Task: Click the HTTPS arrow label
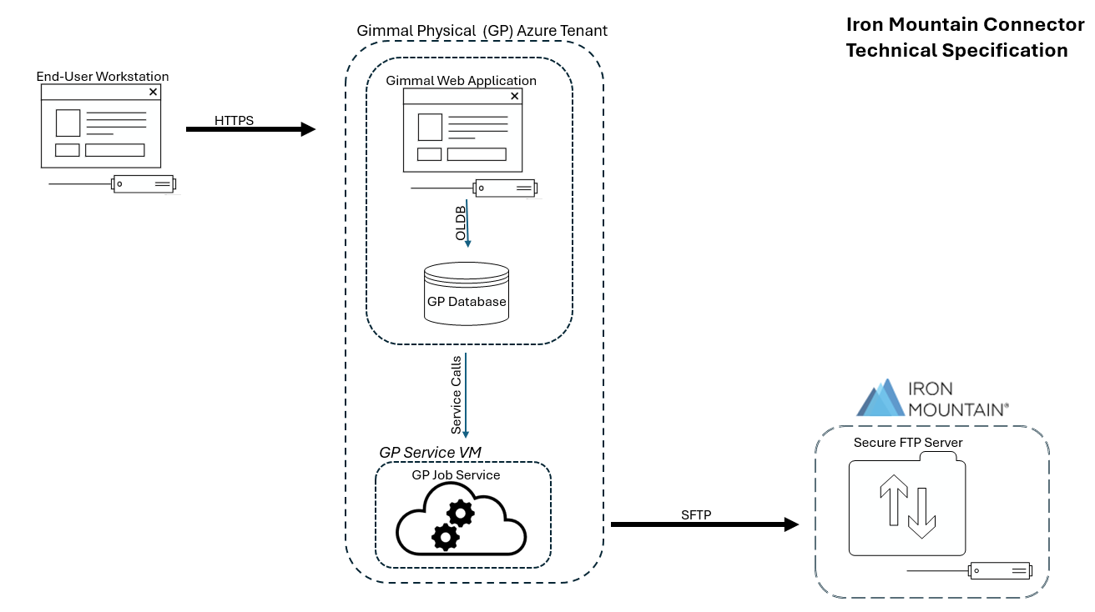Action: click(234, 121)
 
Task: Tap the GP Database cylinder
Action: click(467, 294)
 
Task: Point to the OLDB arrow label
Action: click(461, 223)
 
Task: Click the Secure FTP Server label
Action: click(908, 443)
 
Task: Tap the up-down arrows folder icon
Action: click(908, 506)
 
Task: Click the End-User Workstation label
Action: click(103, 77)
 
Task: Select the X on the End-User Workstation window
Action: click(153, 93)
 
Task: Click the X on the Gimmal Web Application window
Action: click(514, 97)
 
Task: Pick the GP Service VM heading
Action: click(430, 452)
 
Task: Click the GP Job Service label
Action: click(456, 475)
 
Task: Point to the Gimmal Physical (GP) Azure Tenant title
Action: click(482, 31)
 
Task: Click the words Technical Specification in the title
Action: click(956, 50)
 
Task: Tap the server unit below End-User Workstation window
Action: click(144, 183)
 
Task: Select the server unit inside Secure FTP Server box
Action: click(1000, 571)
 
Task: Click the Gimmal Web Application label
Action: click(461, 81)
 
